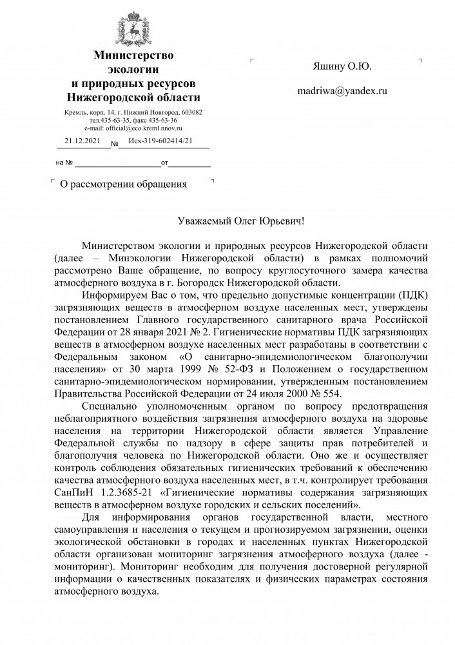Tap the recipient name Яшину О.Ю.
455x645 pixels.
coord(342,66)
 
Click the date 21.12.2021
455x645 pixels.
coord(82,141)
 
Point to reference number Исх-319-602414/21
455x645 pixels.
coord(160,141)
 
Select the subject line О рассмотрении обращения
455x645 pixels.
coord(123,184)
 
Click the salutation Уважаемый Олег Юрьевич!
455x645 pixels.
coord(240,221)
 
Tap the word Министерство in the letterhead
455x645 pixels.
coord(134,55)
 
